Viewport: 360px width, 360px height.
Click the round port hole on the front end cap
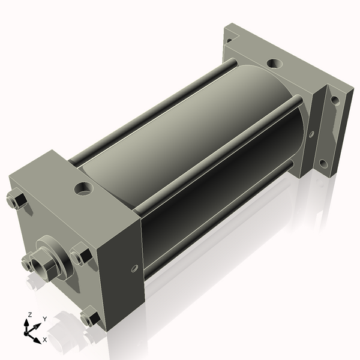81,190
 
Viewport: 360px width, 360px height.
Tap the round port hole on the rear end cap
273,62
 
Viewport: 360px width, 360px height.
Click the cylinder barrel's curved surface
198,138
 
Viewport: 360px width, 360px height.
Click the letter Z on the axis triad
29,315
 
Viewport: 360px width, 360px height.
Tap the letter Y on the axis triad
44,319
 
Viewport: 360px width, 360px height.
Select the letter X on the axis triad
44,340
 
